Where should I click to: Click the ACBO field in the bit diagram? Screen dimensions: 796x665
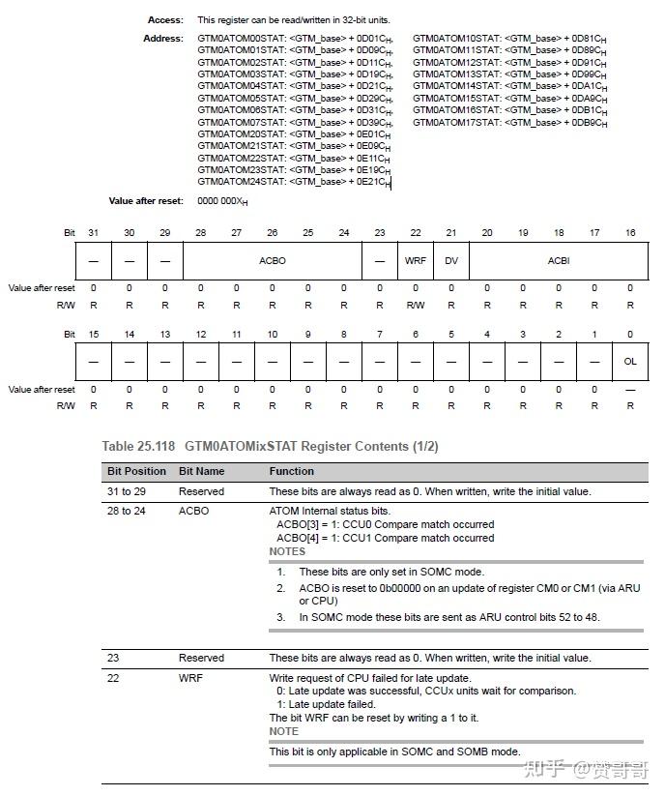coord(273,261)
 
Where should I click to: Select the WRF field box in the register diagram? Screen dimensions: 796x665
coord(416,261)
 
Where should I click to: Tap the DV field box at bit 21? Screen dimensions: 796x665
coord(451,261)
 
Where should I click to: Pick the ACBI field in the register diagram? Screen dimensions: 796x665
coord(559,261)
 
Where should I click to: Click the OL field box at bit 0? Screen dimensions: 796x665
coord(630,361)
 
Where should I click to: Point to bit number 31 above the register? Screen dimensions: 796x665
coord(94,233)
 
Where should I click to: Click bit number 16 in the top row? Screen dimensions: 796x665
coord(630,233)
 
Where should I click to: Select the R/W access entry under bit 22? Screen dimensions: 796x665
coord(416,304)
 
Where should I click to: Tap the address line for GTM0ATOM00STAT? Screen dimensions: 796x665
coord(295,39)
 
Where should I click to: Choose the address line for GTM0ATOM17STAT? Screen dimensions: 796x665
coord(509,123)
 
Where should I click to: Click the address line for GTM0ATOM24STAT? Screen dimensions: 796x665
coord(294,182)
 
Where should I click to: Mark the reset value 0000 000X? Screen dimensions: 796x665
coord(222,201)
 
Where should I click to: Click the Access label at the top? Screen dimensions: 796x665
coord(164,19)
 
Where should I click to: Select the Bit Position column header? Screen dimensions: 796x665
coord(136,472)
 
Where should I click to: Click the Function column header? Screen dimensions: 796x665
coord(291,472)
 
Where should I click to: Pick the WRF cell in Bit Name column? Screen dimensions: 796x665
coord(190,678)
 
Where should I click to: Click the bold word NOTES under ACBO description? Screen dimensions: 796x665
coord(287,551)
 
